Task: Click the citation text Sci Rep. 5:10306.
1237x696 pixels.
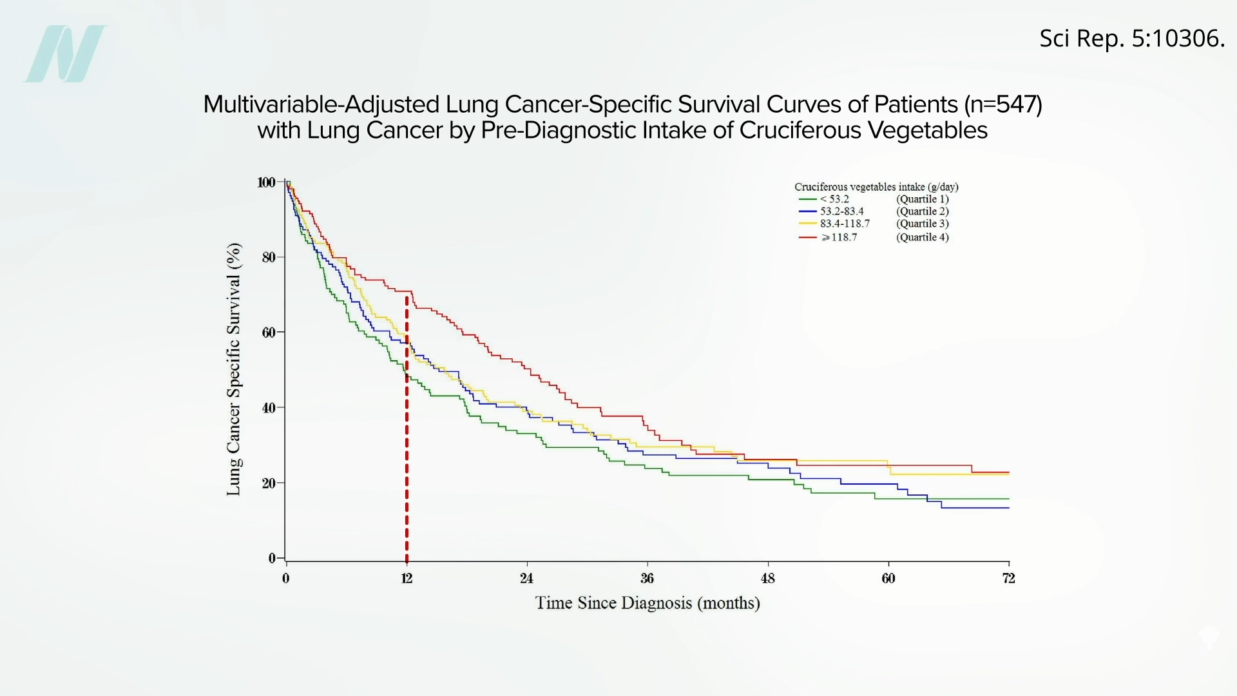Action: (1131, 39)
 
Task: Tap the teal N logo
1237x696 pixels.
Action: (64, 53)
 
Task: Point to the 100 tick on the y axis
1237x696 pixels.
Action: (266, 182)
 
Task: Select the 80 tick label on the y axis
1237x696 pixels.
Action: (268, 257)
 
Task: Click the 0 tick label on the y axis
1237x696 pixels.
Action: (272, 558)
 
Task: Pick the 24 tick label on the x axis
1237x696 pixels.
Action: (526, 578)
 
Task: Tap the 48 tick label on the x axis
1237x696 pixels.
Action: (767, 578)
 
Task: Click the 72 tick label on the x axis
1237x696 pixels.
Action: (1008, 578)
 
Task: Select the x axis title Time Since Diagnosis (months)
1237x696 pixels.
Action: (647, 603)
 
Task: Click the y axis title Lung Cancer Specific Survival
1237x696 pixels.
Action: (233, 369)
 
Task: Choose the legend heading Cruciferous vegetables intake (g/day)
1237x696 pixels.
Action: (876, 187)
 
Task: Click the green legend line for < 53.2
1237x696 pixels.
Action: (808, 199)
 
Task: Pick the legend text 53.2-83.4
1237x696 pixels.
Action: (841, 211)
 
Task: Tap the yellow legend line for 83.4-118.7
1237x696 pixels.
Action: (808, 224)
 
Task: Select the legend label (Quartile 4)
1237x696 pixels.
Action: (922, 237)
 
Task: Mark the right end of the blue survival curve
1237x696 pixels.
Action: (1008, 508)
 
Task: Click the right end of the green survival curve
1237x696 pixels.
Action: (1008, 499)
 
